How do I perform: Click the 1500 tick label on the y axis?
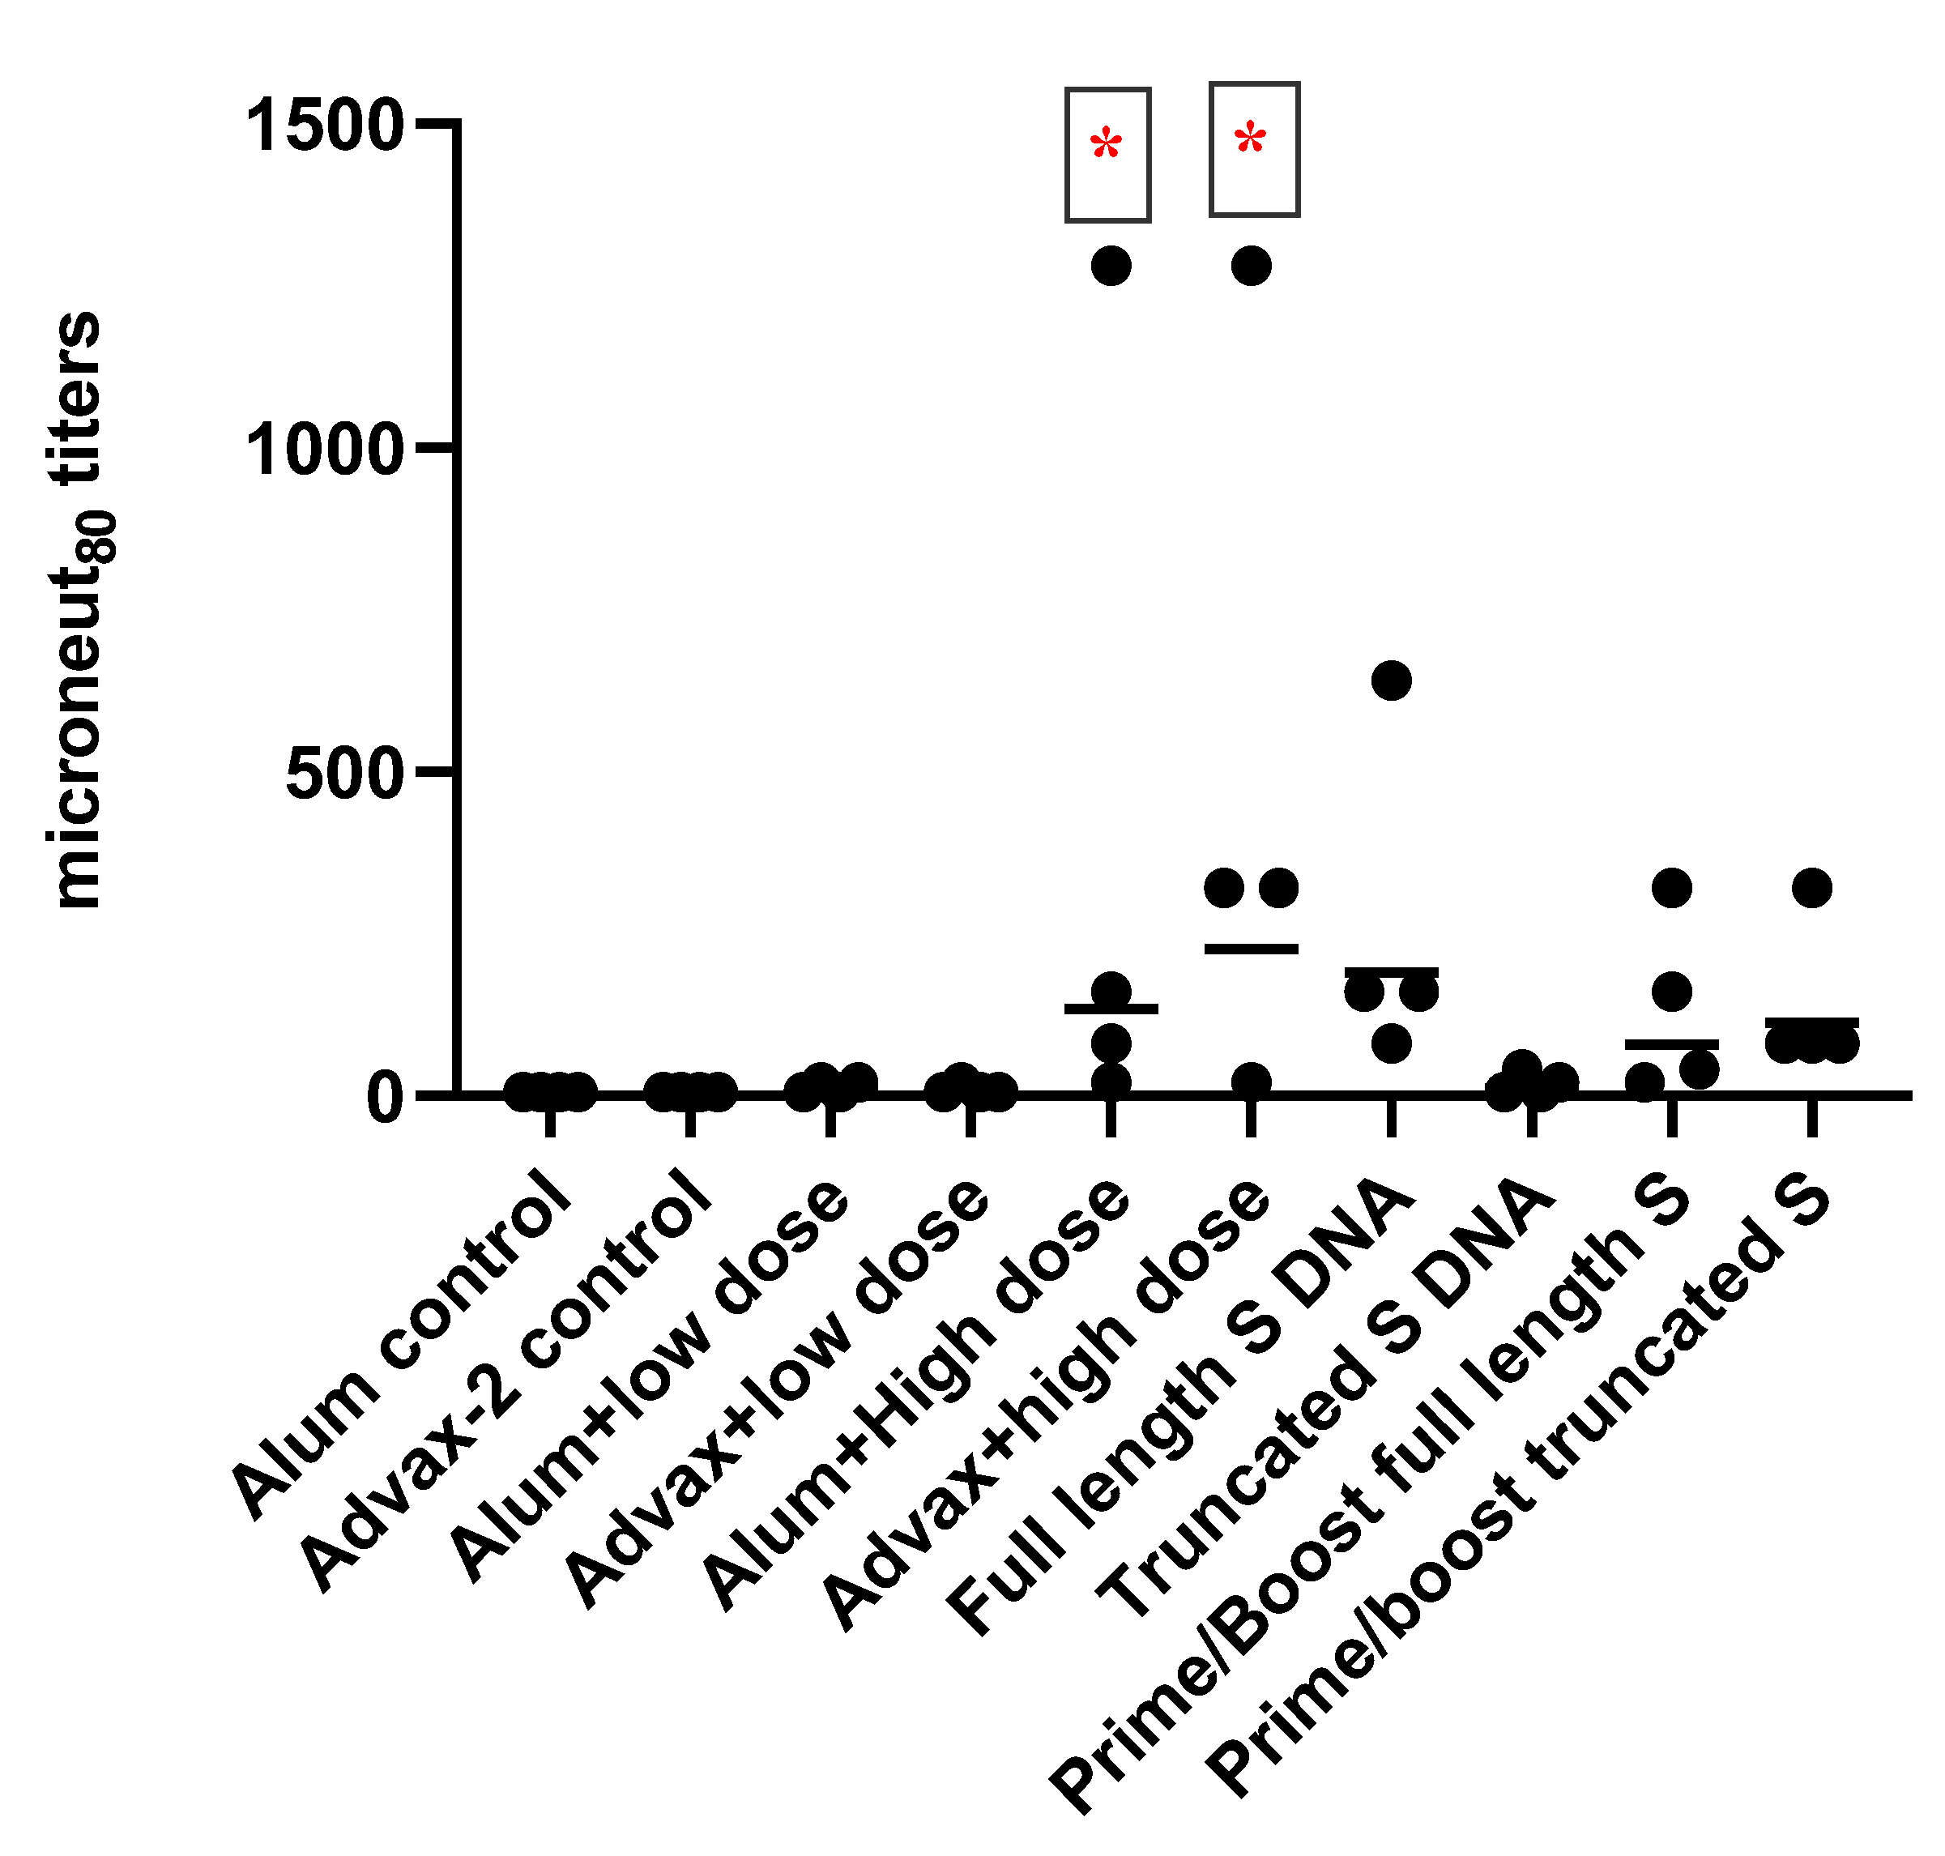click(x=323, y=126)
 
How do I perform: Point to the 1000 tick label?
click(x=323, y=451)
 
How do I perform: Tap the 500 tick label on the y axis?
click(x=344, y=774)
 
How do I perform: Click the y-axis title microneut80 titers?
click(x=77, y=608)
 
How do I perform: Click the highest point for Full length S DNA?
click(x=1391, y=681)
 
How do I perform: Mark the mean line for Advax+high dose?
click(x=1251, y=949)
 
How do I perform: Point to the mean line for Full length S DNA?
click(x=1391, y=971)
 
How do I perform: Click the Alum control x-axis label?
click(x=401, y=1346)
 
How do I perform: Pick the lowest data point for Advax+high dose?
click(x=1251, y=1082)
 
